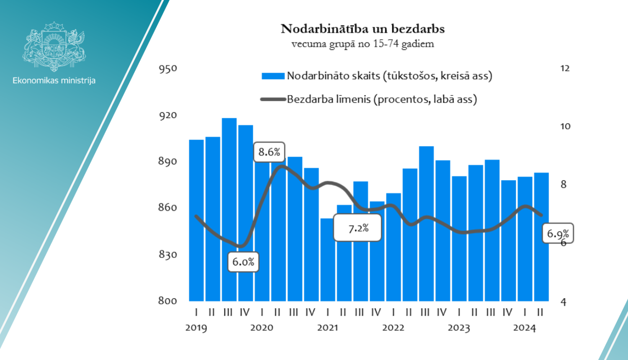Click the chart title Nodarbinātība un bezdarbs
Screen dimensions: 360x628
click(363, 29)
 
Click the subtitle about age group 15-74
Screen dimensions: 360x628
click(363, 44)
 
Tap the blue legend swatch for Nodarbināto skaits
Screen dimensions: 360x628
click(273, 76)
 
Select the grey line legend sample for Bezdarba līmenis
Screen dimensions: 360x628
click(273, 100)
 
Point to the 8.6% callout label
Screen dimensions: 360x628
click(269, 152)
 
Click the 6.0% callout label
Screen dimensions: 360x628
click(243, 262)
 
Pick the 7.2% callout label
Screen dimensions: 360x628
click(358, 228)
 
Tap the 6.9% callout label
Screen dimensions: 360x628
click(558, 234)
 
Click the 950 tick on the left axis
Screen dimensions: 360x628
click(168, 69)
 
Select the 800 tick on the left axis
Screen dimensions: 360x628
click(168, 301)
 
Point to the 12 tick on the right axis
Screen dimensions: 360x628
click(565, 69)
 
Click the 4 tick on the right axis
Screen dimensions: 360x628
click(564, 302)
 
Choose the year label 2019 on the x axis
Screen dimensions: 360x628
click(196, 328)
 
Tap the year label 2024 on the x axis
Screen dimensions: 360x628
click(524, 328)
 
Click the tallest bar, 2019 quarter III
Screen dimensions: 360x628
click(229, 209)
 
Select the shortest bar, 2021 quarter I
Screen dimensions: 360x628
click(328, 260)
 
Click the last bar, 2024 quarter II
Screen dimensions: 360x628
click(541, 237)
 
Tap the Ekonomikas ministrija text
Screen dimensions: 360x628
click(54, 80)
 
